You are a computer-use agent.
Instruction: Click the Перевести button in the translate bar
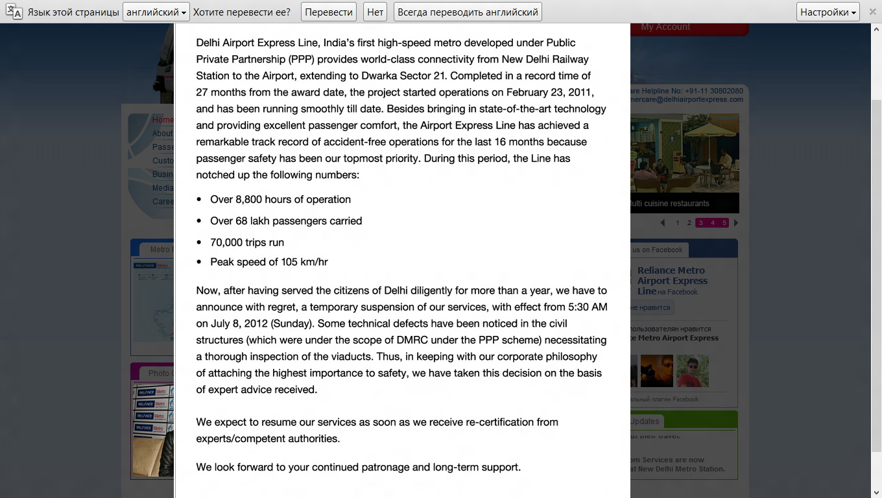pos(329,12)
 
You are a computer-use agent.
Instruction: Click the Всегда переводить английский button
pos(468,12)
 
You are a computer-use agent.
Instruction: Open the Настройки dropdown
pos(828,12)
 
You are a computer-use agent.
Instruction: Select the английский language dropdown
pos(156,12)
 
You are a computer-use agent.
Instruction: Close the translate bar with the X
pos(872,12)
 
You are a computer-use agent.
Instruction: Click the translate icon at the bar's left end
pos(14,12)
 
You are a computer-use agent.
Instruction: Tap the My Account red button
pos(665,27)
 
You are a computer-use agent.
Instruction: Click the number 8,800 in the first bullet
pos(252,200)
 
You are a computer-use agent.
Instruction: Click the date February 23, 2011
pos(550,92)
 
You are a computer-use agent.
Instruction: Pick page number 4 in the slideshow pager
pos(713,223)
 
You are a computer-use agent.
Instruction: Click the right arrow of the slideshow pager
pos(736,223)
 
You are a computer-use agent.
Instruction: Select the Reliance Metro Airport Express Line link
pos(671,281)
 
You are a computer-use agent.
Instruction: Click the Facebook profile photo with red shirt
pos(693,371)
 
